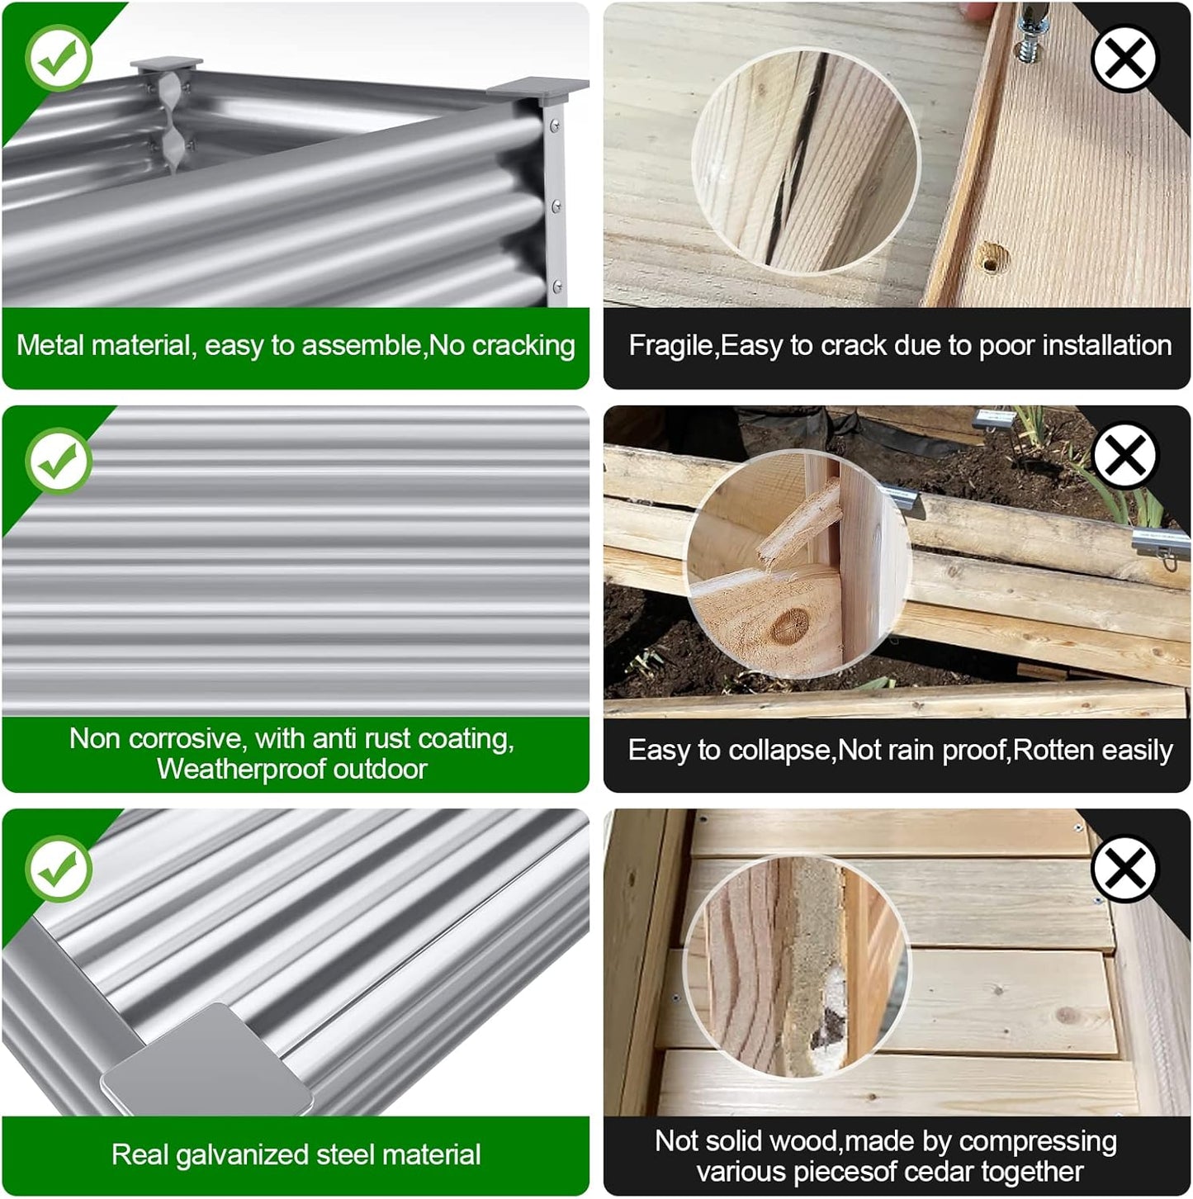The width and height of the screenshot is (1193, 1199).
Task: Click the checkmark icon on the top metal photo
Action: click(x=59, y=58)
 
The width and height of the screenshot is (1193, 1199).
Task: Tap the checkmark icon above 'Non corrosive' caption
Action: click(x=59, y=461)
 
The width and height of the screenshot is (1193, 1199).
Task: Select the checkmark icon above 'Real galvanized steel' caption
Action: click(x=59, y=869)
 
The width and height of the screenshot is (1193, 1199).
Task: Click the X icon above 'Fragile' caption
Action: click(x=1124, y=59)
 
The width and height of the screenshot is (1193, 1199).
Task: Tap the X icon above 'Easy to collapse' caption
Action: click(x=1124, y=456)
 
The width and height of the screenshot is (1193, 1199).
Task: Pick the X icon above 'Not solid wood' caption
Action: click(x=1124, y=868)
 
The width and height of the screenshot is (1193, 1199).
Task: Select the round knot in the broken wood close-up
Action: click(x=790, y=625)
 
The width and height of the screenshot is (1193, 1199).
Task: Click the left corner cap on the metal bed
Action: click(x=166, y=64)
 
